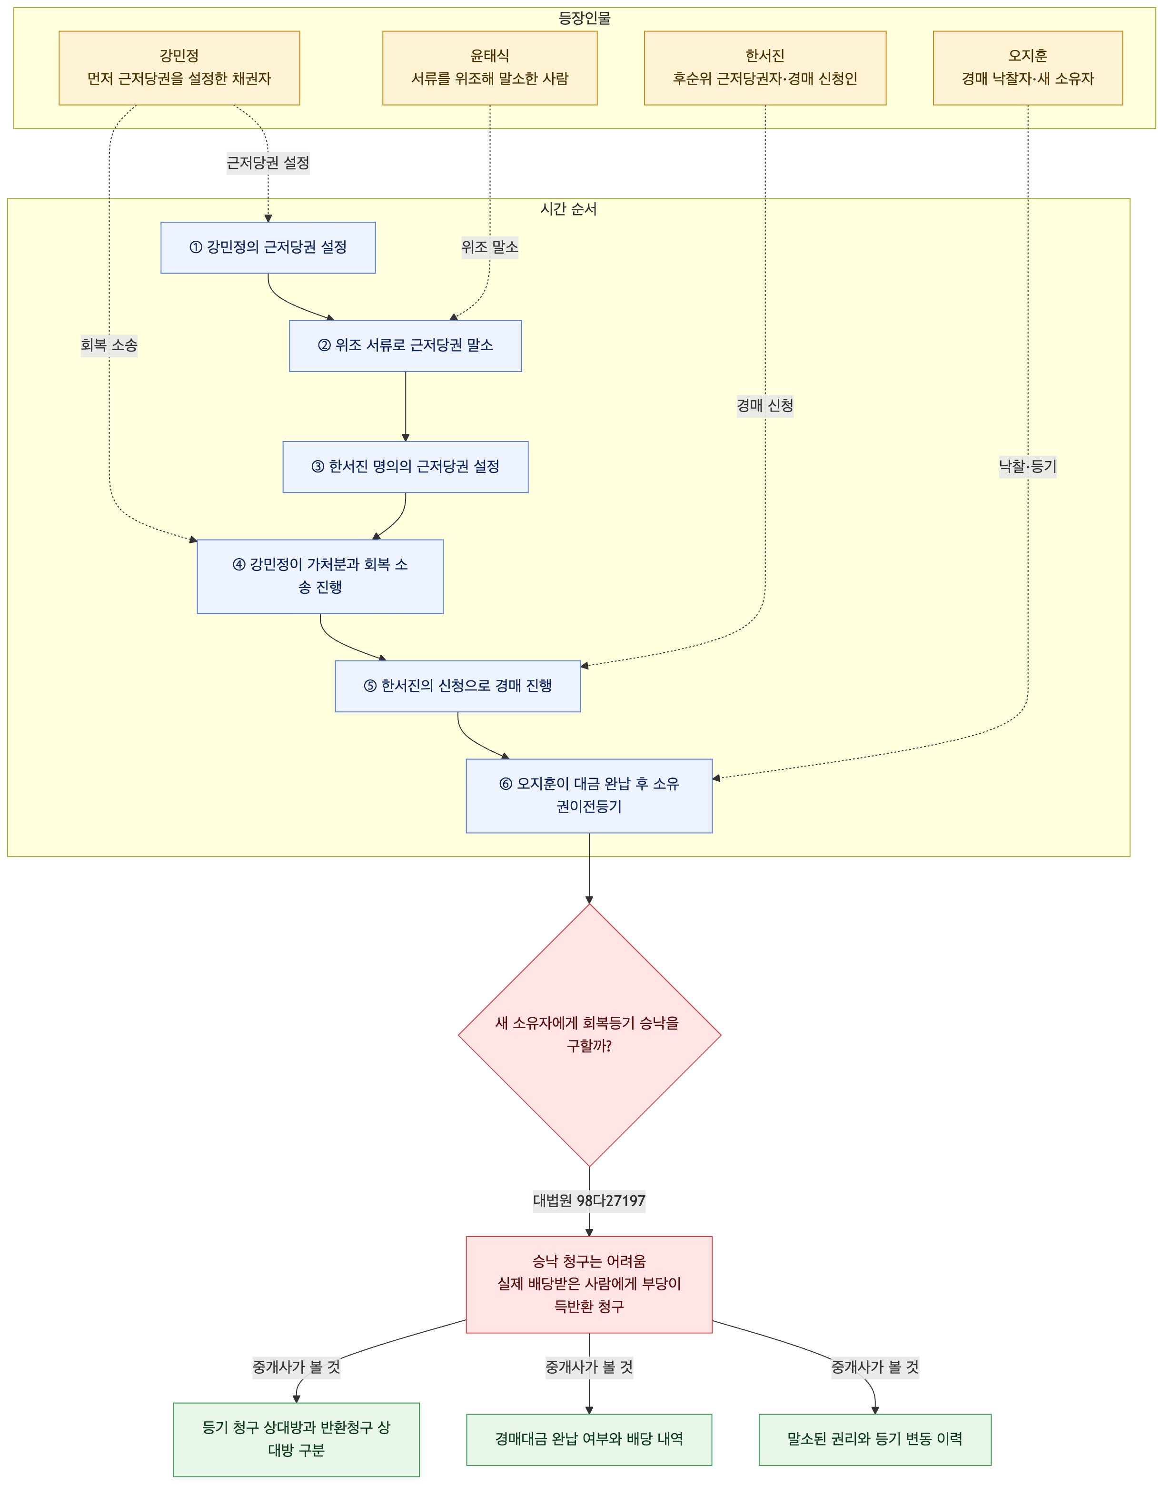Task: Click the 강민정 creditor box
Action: coord(179,68)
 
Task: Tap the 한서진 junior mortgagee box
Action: coord(765,68)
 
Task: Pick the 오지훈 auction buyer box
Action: coord(1028,68)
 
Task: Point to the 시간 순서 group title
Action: coord(568,209)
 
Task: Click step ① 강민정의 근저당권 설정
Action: coord(268,247)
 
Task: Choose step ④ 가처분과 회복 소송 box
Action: coord(320,576)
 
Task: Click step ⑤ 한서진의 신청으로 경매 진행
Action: coord(458,686)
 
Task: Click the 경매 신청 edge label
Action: coord(765,406)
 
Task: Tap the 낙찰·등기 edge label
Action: coord(1028,467)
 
